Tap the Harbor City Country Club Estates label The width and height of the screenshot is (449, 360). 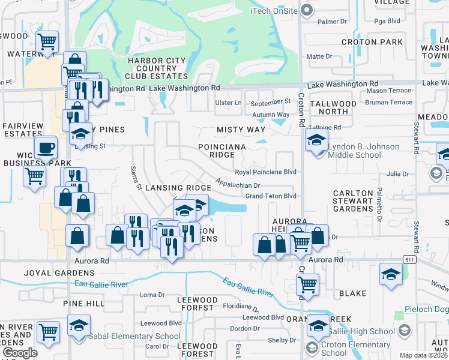[157, 68]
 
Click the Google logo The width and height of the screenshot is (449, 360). [20, 353]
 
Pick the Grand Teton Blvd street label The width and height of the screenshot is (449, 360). [271, 196]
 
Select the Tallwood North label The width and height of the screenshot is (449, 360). [333, 107]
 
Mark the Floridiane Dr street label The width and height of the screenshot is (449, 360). [241, 305]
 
